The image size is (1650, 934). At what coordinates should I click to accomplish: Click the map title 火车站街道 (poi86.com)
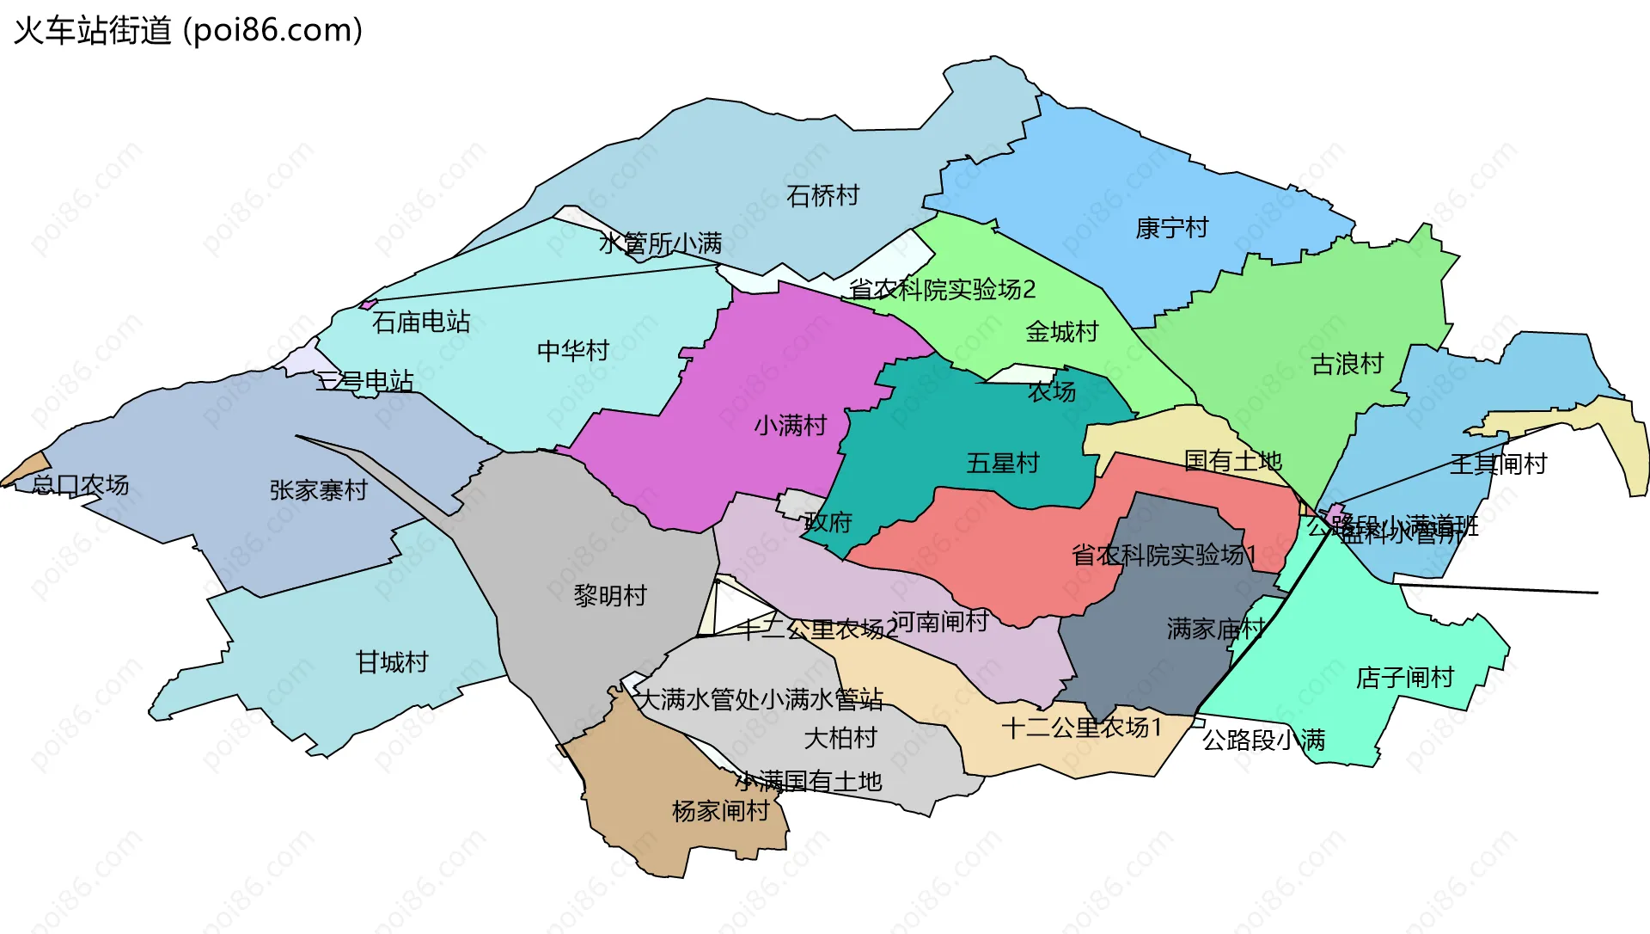187,31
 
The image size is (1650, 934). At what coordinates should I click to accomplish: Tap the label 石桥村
822,196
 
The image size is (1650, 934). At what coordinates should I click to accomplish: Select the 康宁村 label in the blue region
1171,228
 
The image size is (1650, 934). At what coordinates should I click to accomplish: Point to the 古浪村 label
1347,365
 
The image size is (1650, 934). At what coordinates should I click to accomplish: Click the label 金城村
1061,332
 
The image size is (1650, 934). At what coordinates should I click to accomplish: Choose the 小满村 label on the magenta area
790,426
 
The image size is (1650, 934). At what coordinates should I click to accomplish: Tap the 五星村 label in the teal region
1002,464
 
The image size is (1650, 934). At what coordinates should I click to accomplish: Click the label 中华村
572,351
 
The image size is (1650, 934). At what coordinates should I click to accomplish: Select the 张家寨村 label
318,490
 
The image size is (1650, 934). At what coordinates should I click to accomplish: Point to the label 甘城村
391,662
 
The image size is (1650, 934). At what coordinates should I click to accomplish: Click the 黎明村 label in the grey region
610,595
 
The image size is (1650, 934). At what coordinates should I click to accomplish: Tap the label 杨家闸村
720,811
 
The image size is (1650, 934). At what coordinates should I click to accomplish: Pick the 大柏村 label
840,738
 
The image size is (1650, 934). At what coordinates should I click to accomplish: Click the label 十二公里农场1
1081,728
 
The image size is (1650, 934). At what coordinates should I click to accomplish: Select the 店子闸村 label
1404,678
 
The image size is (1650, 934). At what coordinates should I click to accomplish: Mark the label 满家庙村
1215,629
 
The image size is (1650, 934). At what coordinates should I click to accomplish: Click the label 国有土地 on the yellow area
1232,461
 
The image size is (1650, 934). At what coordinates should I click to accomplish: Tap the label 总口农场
80,485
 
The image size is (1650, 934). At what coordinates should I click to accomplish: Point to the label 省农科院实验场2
942,289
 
